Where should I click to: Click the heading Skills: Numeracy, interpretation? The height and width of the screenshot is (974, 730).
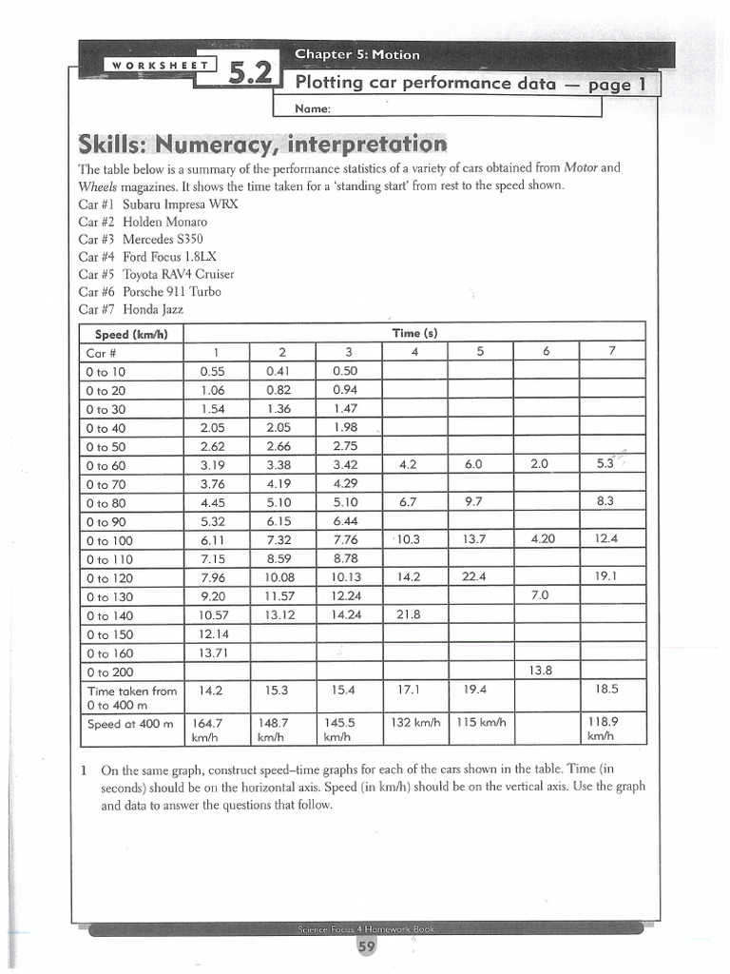click(x=262, y=145)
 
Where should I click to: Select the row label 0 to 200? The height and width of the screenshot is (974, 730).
click(x=111, y=672)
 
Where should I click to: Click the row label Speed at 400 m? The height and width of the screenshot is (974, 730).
click(x=130, y=724)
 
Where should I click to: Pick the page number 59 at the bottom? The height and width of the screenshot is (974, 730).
click(x=365, y=946)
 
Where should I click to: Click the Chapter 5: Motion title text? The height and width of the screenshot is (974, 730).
click(x=356, y=54)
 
